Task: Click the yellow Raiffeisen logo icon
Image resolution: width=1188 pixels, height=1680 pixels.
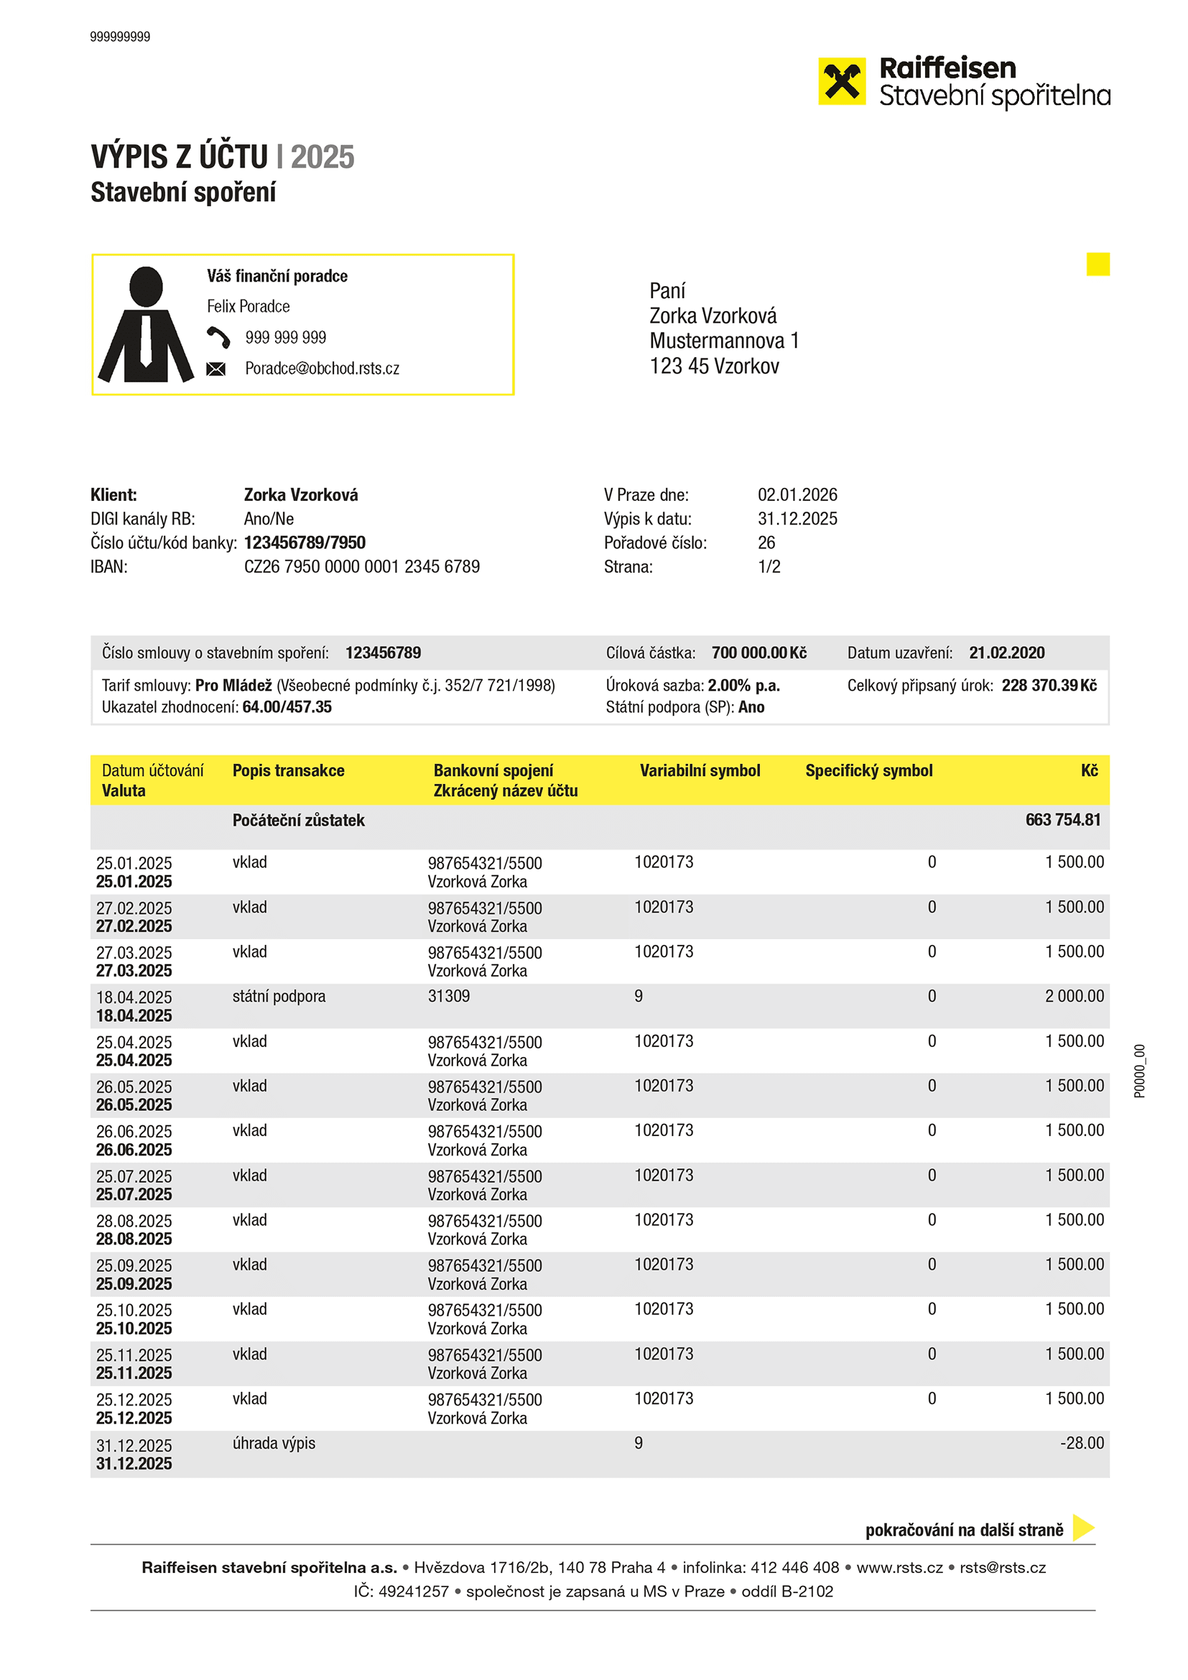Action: pos(841,81)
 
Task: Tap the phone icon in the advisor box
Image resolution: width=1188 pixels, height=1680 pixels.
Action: pos(218,337)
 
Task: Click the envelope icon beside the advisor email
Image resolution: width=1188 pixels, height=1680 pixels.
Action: pos(215,369)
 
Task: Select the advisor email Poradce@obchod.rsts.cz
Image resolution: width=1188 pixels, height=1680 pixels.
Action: pos(322,369)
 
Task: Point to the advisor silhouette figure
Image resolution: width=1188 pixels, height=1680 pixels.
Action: pos(146,325)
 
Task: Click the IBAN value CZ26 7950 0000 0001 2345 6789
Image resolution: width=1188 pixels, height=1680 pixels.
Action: pos(362,567)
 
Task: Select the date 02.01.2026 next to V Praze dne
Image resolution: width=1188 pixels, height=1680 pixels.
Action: pos(797,495)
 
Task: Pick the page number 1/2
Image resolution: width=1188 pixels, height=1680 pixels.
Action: pos(769,567)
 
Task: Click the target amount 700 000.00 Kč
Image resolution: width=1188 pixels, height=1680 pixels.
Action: pos(758,652)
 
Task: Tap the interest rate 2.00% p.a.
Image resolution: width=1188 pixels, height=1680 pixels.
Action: pos(744,686)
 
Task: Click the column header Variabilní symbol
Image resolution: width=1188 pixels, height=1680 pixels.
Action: pos(700,770)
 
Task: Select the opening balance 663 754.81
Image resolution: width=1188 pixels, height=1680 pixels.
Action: pos(1062,821)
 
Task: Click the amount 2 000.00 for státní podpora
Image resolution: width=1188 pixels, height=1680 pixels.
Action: pos(1074,997)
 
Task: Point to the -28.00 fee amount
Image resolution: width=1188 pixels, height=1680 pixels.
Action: pos(1082,1444)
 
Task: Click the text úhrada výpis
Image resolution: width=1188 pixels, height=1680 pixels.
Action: pos(274,1444)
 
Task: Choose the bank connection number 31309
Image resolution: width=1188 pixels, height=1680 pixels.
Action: pos(448,997)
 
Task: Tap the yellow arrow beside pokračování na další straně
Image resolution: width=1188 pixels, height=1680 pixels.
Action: pos(1082,1528)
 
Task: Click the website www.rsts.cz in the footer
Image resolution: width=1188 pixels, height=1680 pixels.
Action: pos(899,1567)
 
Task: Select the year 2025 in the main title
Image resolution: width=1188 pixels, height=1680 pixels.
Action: pos(322,157)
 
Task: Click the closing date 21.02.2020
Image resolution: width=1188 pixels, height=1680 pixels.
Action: pos(1006,652)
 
